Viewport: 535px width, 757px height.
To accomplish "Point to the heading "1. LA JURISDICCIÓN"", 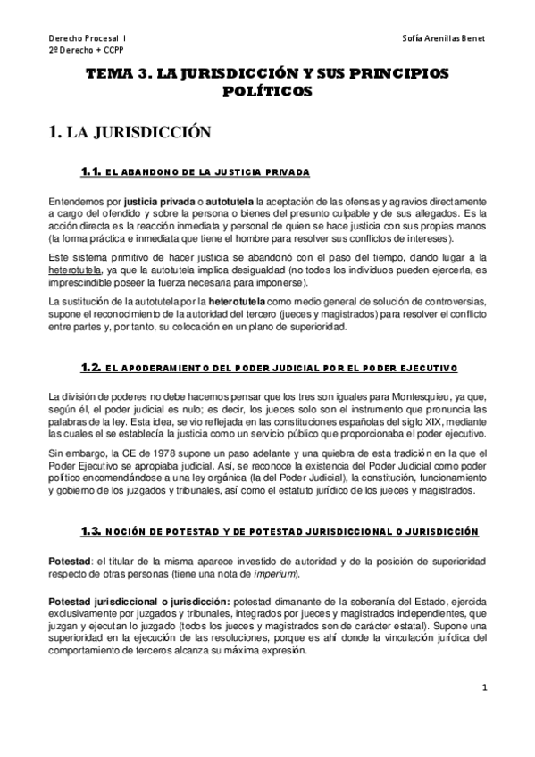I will pyautogui.click(x=129, y=133).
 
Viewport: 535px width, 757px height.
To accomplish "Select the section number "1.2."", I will pyautogui.click(x=91, y=367).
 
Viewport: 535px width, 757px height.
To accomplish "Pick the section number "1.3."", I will pyautogui.click(x=91, y=531).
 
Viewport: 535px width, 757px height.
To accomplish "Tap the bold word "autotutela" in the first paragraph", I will pyautogui.click(x=230, y=204).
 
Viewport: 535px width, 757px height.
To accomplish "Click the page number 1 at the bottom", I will pyautogui.click(x=483, y=687).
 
